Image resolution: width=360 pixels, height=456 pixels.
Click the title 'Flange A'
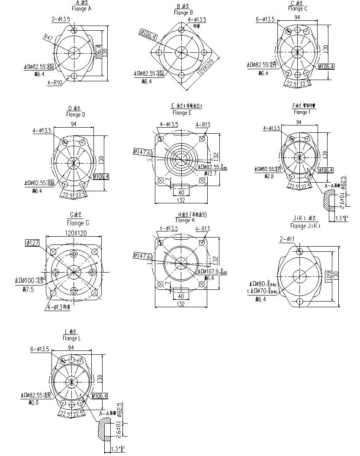click(x=78, y=9)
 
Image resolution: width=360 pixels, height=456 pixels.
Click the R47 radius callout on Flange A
click(x=48, y=38)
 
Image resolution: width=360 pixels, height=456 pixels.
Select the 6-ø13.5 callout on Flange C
click(x=265, y=19)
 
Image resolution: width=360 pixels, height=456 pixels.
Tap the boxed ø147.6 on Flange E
click(x=143, y=152)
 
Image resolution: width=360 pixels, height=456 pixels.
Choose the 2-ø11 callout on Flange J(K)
click(x=288, y=239)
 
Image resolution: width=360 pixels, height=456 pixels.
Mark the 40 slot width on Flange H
click(x=181, y=296)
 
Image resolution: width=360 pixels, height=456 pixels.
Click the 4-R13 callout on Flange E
click(x=202, y=125)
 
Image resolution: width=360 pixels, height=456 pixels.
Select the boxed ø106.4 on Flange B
click(x=148, y=34)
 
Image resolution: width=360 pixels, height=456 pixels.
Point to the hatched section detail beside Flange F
click(x=330, y=201)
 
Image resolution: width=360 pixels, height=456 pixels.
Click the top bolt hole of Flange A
click(x=74, y=30)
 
